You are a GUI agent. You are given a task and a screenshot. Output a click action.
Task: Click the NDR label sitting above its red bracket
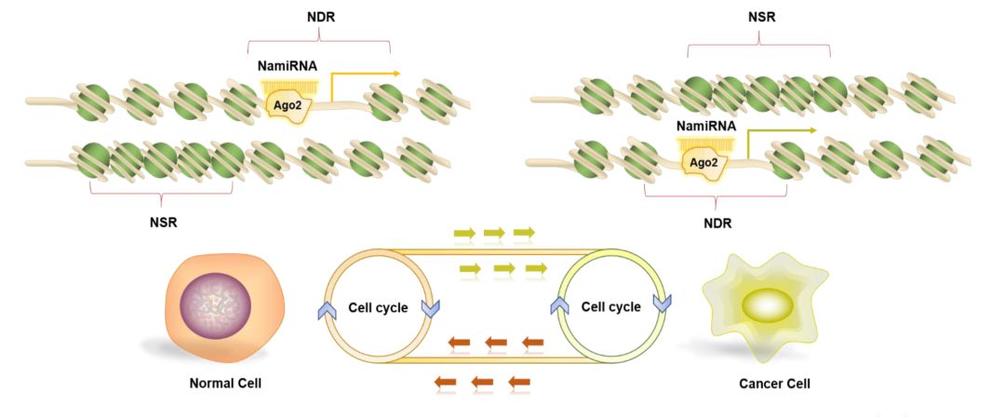pyautogui.click(x=318, y=17)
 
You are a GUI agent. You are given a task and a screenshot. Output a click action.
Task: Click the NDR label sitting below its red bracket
pyautogui.click(x=716, y=223)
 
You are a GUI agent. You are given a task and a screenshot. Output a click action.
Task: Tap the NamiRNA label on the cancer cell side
pyautogui.click(x=706, y=125)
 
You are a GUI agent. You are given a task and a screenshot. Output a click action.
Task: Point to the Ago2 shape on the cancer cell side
pyautogui.click(x=704, y=164)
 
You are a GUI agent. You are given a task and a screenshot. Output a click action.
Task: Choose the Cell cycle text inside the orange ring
pyautogui.click(x=378, y=307)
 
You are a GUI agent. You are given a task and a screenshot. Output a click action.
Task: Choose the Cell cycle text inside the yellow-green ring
pyautogui.click(x=610, y=306)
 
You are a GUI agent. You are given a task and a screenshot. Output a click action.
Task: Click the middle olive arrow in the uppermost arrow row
pyautogui.click(x=494, y=232)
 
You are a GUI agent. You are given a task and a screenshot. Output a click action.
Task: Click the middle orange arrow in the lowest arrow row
pyautogui.click(x=482, y=381)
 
